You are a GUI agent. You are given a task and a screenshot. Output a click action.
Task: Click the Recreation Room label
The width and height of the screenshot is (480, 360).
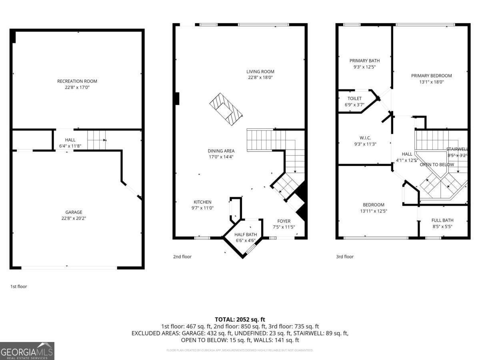tap(77, 81)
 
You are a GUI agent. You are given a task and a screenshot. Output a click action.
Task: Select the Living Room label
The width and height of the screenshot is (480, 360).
tap(260, 72)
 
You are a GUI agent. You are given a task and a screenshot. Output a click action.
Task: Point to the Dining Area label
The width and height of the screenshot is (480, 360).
tap(221, 151)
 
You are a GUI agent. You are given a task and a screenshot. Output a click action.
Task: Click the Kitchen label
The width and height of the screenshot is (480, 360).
tap(202, 202)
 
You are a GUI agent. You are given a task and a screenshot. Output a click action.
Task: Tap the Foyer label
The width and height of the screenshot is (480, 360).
tap(284, 221)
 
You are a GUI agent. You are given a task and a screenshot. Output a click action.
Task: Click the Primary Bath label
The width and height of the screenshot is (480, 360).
tap(364, 61)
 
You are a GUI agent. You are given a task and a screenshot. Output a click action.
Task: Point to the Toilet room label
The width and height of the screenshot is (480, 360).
tap(354, 98)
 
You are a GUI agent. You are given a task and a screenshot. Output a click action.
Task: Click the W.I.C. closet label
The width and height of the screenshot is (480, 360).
tap(366, 138)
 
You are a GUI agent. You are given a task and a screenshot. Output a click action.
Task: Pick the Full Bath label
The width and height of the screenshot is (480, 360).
tap(442, 220)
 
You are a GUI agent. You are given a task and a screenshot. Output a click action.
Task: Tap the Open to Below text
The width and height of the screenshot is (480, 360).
tap(437, 164)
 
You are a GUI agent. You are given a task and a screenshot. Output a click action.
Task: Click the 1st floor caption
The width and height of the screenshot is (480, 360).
tap(18, 286)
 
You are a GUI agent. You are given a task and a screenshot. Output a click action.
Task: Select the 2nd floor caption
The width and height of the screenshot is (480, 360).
tap(182, 256)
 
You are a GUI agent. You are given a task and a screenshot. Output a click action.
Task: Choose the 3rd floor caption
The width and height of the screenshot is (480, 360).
tap(344, 256)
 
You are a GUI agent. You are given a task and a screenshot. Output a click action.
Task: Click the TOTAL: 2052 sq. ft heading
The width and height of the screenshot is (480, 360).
tap(240, 319)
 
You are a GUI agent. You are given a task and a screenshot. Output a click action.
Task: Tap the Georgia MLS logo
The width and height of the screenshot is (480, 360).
tap(27, 351)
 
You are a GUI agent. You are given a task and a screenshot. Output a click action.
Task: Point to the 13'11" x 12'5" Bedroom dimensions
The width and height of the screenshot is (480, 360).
tap(374, 211)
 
